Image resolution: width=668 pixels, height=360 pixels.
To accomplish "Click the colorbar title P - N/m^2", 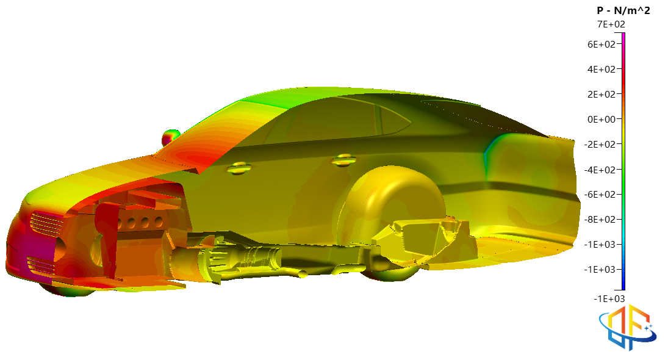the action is [623, 10].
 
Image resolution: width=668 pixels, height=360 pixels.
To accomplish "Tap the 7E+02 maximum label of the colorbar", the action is [611, 24].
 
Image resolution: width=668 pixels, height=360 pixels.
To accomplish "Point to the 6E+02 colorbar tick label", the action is [601, 45].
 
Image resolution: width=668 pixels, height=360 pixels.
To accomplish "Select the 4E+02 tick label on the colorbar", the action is [601, 70].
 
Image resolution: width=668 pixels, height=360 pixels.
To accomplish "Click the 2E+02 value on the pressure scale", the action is [601, 95].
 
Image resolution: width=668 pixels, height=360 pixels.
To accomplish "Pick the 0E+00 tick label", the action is [601, 120].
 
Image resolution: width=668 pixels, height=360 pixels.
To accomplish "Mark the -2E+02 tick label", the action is [600, 145].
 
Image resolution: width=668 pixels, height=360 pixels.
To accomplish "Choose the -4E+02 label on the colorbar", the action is [600, 170].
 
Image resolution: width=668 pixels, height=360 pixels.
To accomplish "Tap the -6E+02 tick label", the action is [600, 195].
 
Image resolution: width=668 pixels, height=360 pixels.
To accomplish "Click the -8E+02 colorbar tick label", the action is [600, 220].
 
